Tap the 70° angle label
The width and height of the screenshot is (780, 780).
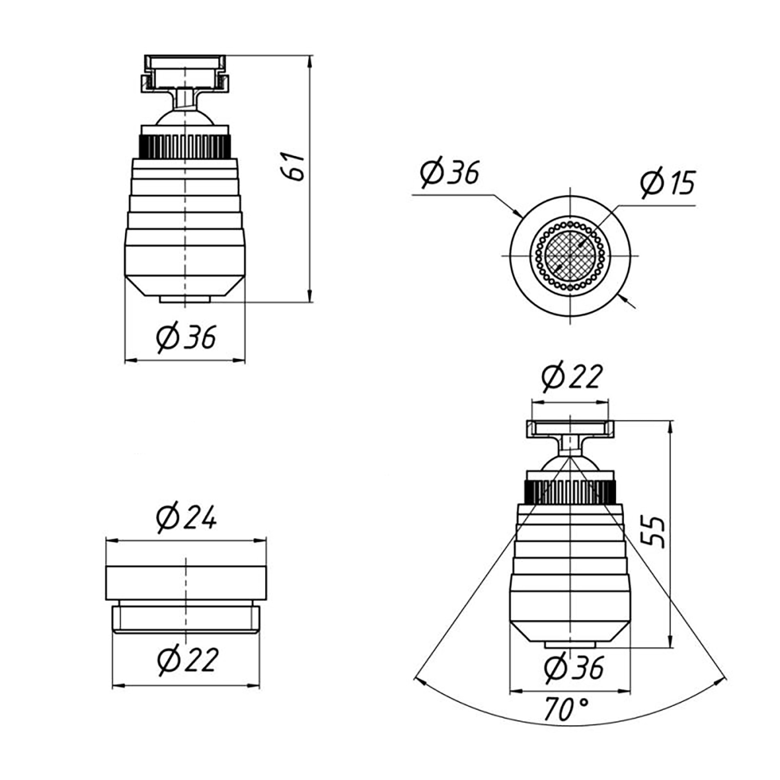point(566,709)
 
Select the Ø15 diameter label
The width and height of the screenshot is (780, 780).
point(668,184)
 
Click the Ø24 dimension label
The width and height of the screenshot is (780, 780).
point(186,518)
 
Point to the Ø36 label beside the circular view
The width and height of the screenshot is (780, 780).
point(449,172)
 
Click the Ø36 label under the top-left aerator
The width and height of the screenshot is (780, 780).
point(186,337)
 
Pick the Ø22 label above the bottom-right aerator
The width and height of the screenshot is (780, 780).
point(571,377)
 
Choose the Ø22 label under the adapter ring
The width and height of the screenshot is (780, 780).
point(187,660)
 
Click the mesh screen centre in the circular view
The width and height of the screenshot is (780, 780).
point(570,255)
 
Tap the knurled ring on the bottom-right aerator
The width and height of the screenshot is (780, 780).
point(570,491)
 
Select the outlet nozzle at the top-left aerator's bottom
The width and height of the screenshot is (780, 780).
point(185,299)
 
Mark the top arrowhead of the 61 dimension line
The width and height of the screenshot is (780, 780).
point(310,61)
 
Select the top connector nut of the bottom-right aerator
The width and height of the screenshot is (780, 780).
point(570,428)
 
